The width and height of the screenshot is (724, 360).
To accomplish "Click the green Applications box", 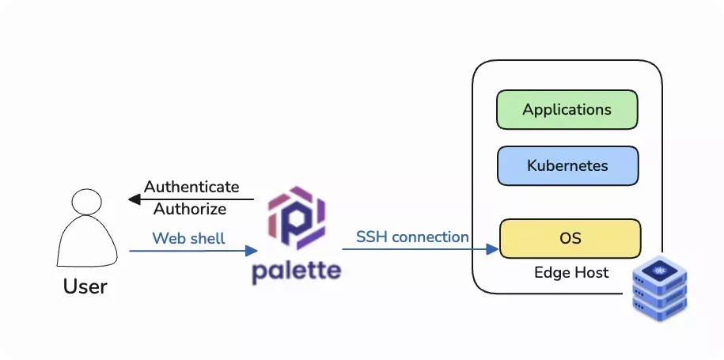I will coord(567,110).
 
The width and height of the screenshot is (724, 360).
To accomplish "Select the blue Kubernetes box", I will coord(567,165).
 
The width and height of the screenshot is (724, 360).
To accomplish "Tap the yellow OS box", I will coord(570,238).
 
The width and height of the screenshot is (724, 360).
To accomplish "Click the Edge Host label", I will coord(571,272).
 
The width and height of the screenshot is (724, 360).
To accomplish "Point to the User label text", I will coord(85,286).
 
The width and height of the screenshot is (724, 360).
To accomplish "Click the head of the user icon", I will coord(85,202).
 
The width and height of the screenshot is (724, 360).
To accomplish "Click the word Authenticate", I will coord(191,187).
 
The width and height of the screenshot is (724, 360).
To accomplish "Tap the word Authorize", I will coord(190,209).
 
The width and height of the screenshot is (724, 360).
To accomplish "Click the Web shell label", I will coord(188,237).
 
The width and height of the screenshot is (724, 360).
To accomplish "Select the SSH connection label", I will coord(412,237).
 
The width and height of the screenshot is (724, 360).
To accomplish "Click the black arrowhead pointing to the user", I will coord(135,199).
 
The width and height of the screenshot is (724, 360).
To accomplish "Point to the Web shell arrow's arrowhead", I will coord(252,251).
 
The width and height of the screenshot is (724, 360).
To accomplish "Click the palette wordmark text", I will coord(297,271).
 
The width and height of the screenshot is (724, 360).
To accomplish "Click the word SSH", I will coord(371,237).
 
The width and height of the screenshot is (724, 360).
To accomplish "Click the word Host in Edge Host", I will coord(592,272).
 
